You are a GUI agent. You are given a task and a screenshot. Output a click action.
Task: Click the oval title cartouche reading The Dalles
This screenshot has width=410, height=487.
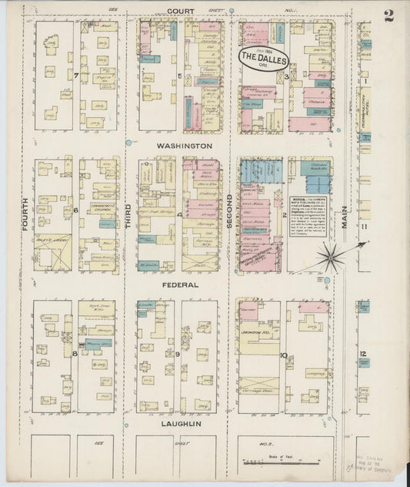pos(262,57)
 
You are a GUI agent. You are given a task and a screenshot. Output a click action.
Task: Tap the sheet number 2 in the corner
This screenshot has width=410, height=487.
pos(388,16)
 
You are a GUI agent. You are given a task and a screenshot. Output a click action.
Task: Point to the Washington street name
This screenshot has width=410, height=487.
pos(185,146)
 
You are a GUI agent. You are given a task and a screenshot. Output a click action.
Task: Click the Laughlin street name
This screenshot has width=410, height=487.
pos(181,424)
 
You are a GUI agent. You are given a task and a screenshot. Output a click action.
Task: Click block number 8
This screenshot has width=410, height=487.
pos(75,353)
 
